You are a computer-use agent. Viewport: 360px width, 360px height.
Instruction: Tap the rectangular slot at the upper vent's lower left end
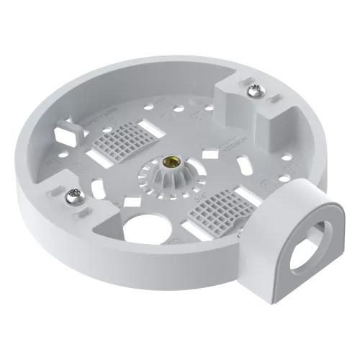(99, 155)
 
